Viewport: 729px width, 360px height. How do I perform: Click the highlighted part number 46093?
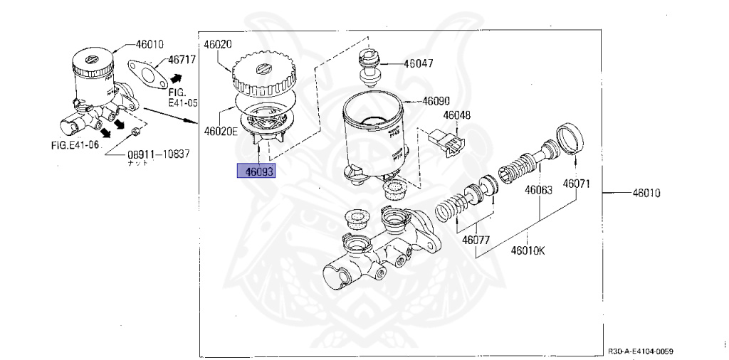pyautogui.click(x=260, y=171)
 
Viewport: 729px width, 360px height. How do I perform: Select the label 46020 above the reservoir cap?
pyautogui.click(x=218, y=44)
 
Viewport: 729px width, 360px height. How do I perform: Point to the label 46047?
pyautogui.click(x=419, y=63)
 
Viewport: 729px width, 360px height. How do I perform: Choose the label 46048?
pyautogui.click(x=457, y=115)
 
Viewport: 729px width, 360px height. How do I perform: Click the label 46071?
pyautogui.click(x=577, y=184)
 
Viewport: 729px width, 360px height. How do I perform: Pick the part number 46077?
pyautogui.click(x=476, y=239)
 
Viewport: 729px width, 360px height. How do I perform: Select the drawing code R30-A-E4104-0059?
pyautogui.click(x=641, y=351)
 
